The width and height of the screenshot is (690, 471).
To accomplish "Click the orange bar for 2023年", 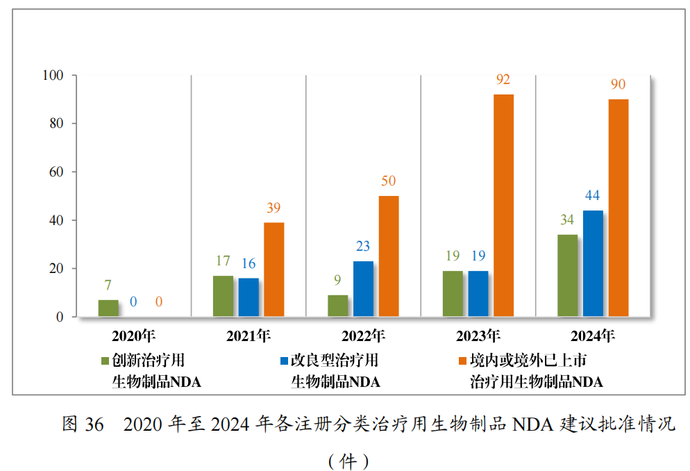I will coord(503,206).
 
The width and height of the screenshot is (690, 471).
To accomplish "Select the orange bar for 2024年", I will coord(618,208).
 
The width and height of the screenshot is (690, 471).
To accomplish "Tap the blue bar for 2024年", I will coord(592,263).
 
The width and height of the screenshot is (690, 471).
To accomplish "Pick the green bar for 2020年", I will coord(108,308).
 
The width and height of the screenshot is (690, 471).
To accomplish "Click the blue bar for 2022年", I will coord(363,289).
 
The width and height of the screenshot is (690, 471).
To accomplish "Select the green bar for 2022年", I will coord(337,306).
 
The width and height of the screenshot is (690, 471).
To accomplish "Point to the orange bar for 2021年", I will coord(274,270).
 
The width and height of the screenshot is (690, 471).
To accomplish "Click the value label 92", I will coord(503,79).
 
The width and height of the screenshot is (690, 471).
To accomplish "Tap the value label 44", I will coord(592,195).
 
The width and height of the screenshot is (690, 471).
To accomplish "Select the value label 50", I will coord(388,181).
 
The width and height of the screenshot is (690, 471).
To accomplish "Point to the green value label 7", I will coord(108,286).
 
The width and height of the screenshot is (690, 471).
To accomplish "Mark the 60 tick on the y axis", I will coord(56,172).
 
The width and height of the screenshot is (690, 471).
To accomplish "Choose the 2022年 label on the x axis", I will coord(363,336).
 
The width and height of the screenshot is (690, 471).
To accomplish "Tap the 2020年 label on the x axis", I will coord(134,336).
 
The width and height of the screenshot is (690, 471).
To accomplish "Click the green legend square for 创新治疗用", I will coord(105,361).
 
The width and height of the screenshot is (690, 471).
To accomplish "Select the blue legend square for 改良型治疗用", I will coord(283,361).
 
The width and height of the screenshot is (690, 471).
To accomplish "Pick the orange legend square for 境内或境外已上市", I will coord(462,361).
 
